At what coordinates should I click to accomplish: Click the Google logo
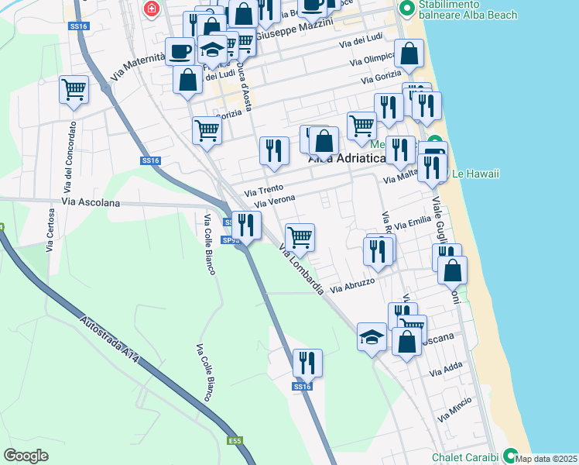coord(26,456)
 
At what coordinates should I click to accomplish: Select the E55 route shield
coord(235,440)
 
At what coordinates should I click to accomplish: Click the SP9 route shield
coord(229,240)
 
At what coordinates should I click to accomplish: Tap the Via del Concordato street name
coord(68,158)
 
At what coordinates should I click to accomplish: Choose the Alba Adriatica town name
coord(347,159)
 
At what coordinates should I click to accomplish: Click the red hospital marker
coord(151,9)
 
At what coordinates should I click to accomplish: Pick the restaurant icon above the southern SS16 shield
coord(307,362)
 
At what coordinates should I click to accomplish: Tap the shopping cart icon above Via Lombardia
coord(300,236)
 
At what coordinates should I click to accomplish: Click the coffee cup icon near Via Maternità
coord(180,51)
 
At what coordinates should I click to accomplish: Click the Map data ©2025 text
coord(546,459)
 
